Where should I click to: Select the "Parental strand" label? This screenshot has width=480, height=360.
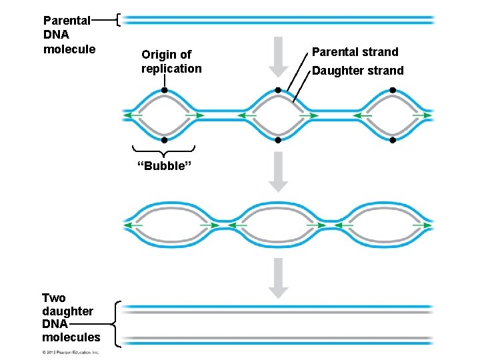(355, 52)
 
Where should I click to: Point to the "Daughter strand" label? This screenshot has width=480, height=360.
(357, 71)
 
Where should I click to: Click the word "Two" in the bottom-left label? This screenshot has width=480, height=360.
(54, 298)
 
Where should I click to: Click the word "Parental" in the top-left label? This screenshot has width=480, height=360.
(67, 21)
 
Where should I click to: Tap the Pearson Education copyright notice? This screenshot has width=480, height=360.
(71, 353)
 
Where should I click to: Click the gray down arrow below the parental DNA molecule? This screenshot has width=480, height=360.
(279, 61)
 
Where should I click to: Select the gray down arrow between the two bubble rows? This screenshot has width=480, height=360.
(279, 171)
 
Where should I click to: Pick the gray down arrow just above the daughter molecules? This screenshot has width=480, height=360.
(279, 277)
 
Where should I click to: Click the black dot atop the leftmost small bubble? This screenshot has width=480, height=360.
(164, 90)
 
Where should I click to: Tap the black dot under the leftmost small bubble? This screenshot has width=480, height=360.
(164, 140)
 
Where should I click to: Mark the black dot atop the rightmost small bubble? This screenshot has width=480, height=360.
(392, 90)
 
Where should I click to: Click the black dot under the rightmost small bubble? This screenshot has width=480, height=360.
(393, 140)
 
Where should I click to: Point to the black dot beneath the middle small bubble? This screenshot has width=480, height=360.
(277, 140)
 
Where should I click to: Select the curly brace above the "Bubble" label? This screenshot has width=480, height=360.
(164, 150)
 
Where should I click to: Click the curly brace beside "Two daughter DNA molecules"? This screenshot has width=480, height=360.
(117, 323)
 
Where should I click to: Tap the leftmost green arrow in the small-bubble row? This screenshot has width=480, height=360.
(133, 115)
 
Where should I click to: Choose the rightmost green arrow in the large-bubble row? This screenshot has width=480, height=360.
(422, 225)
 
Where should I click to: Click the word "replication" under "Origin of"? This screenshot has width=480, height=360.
(171, 69)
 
